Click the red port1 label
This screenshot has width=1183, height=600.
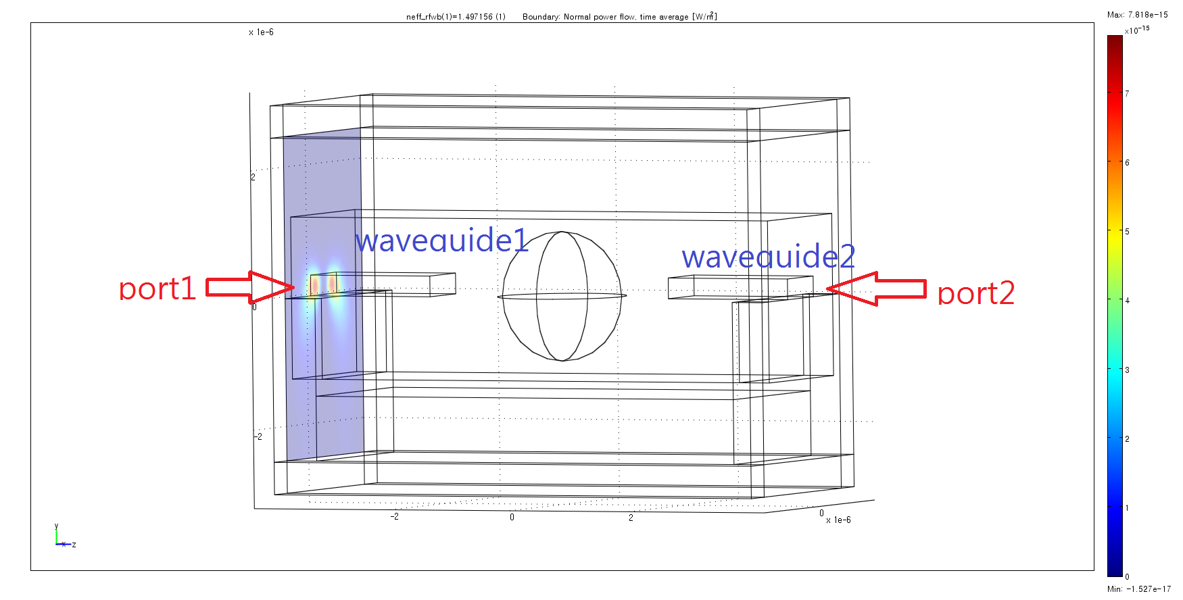click(158, 289)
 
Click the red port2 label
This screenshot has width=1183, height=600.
click(976, 293)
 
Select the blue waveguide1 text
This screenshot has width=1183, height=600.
click(442, 240)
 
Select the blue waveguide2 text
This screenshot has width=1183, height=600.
click(769, 257)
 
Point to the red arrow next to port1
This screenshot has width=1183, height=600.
click(250, 287)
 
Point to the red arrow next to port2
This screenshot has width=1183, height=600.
click(876, 289)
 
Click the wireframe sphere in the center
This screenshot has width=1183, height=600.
click(562, 296)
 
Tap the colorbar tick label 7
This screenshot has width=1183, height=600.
click(1127, 93)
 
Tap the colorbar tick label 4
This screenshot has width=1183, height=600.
click(1127, 301)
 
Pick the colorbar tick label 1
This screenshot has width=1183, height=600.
click(1127, 508)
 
